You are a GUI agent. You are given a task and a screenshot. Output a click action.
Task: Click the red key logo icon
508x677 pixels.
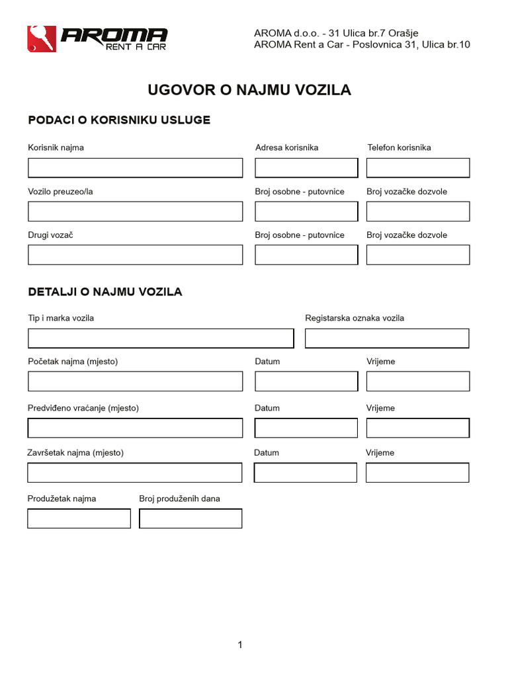coord(42,39)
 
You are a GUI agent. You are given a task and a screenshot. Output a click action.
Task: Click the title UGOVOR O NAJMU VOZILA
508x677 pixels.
coord(249,90)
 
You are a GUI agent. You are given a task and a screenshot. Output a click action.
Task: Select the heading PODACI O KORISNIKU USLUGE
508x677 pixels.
coord(119,120)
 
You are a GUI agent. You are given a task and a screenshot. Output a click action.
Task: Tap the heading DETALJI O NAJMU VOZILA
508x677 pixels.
coord(105,292)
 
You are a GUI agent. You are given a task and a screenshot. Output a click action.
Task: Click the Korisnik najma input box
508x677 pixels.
coord(135,168)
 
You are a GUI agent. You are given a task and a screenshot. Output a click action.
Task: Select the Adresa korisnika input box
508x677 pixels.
coord(306,168)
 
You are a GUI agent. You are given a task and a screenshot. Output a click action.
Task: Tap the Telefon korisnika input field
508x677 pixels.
coord(418,168)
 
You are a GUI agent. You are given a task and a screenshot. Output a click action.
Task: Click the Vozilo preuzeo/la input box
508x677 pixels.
coord(135,212)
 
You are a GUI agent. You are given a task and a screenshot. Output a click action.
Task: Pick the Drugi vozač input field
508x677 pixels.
coord(135,255)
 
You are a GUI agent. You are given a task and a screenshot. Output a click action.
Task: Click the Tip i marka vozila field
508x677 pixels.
coord(161,338)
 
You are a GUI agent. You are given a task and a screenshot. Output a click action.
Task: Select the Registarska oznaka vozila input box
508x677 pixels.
coord(387,338)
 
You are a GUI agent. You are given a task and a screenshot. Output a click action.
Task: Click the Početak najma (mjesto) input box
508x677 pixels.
coord(135,381)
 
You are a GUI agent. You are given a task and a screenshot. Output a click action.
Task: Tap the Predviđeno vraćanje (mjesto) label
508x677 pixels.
coord(83,408)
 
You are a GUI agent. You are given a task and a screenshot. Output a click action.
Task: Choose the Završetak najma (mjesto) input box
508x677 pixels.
coord(135,473)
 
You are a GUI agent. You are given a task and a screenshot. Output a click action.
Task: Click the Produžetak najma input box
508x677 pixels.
coord(79,518)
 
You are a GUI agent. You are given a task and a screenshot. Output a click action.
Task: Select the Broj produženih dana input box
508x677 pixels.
coord(190,518)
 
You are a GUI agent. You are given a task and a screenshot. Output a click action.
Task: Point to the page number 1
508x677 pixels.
coord(240,645)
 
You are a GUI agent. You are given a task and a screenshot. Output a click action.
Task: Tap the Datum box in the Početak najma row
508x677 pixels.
coord(306,381)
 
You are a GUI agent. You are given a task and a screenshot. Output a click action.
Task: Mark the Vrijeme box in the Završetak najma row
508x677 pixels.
coord(417,473)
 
